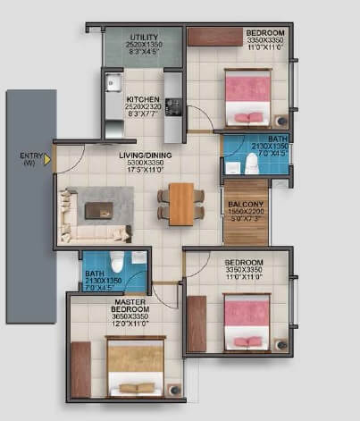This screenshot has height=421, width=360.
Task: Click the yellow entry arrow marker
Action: pos(47,161)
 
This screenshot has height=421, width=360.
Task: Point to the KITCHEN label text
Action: pos(142,99)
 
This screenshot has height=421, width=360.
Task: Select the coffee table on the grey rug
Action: pos(98,211)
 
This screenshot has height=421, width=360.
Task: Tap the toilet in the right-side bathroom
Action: pos(252,164)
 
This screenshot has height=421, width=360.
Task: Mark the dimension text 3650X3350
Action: pos(125,316)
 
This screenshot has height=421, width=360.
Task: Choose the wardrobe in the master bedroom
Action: pos(80,369)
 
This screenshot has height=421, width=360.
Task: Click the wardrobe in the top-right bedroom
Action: pos(215,36)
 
